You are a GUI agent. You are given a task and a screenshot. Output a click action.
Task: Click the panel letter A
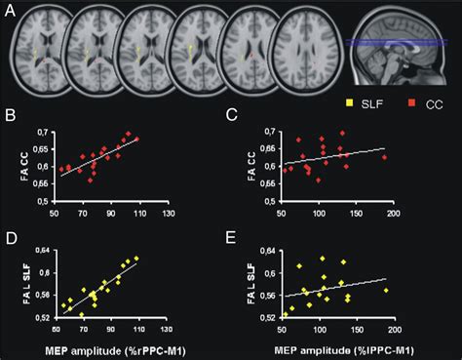(x=12, y=12)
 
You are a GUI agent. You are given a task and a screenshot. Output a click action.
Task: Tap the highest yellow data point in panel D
(x=136, y=258)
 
